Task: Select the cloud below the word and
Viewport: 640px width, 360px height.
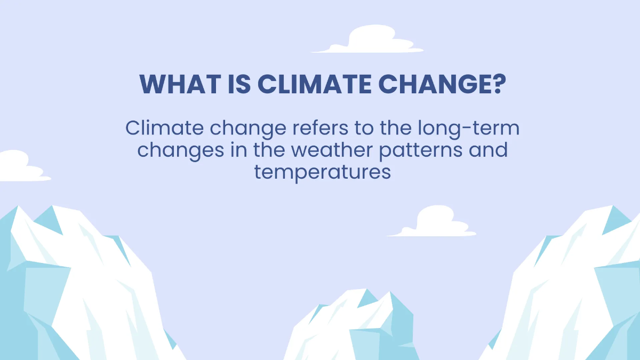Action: pos(433,223)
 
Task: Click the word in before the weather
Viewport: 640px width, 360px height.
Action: pos(238,150)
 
